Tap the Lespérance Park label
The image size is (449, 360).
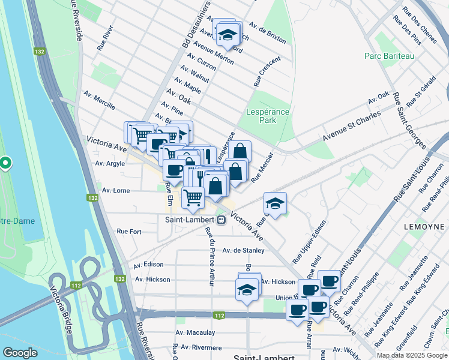[268, 116]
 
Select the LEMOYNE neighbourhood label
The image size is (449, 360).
[424, 227]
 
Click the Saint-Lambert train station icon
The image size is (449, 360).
[221, 220]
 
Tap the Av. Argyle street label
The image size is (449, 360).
[110, 163]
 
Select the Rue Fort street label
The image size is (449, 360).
[129, 231]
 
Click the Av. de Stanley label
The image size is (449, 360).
[244, 250]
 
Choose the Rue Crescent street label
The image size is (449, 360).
[270, 70]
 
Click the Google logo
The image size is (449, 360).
[20, 353]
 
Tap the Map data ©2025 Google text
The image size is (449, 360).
[412, 355]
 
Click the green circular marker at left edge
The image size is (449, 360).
[5, 163]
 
